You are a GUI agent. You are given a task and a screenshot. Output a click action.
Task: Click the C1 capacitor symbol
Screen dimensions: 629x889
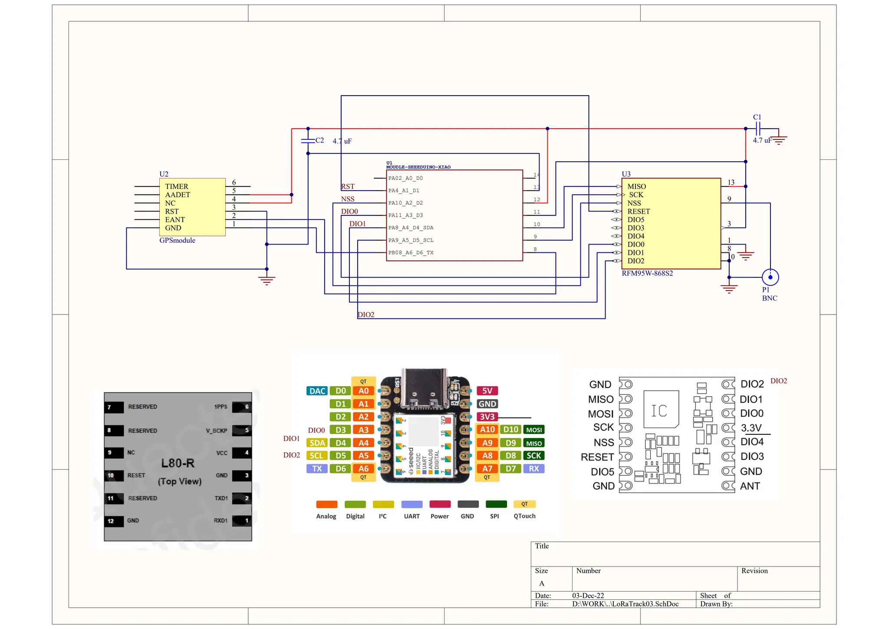coord(758,129)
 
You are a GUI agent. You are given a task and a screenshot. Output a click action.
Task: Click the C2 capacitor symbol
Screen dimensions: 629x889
coord(308,141)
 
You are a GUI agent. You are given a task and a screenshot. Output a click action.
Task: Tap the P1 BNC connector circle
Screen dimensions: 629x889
coord(770,277)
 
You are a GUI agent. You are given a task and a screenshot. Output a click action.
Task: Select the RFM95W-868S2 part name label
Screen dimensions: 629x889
coord(647,273)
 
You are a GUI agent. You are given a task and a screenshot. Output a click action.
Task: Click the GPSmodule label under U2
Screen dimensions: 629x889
coord(177,240)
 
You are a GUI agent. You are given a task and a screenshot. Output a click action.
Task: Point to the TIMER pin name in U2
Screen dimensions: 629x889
coord(176,186)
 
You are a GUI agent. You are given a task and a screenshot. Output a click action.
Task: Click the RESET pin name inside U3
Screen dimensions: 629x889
coord(639,211)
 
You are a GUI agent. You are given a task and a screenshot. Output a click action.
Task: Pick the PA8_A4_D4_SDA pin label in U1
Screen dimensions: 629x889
coord(411,228)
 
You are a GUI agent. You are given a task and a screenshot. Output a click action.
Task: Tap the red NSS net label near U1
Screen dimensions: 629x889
coord(347,199)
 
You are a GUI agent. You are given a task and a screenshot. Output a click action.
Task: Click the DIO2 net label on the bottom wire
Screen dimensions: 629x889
coord(365,314)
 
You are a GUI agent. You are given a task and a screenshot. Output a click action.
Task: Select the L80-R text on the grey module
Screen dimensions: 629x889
coord(178,463)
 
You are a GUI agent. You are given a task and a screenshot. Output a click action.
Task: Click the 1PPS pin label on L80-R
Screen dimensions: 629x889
coord(221,407)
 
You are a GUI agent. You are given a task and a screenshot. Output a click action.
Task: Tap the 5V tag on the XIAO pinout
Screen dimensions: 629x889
coord(487,391)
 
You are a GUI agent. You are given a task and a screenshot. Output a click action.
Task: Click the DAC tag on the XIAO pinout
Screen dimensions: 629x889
coord(317,391)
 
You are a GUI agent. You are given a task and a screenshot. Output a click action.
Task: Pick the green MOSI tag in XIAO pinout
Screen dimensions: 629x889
coord(533,430)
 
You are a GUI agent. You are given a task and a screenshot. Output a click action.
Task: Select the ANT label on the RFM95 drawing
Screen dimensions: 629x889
coord(750,486)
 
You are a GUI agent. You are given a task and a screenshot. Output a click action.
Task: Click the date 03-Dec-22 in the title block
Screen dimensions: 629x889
coord(588,596)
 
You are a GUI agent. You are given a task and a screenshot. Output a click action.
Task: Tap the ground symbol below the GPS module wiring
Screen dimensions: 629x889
coord(267,281)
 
